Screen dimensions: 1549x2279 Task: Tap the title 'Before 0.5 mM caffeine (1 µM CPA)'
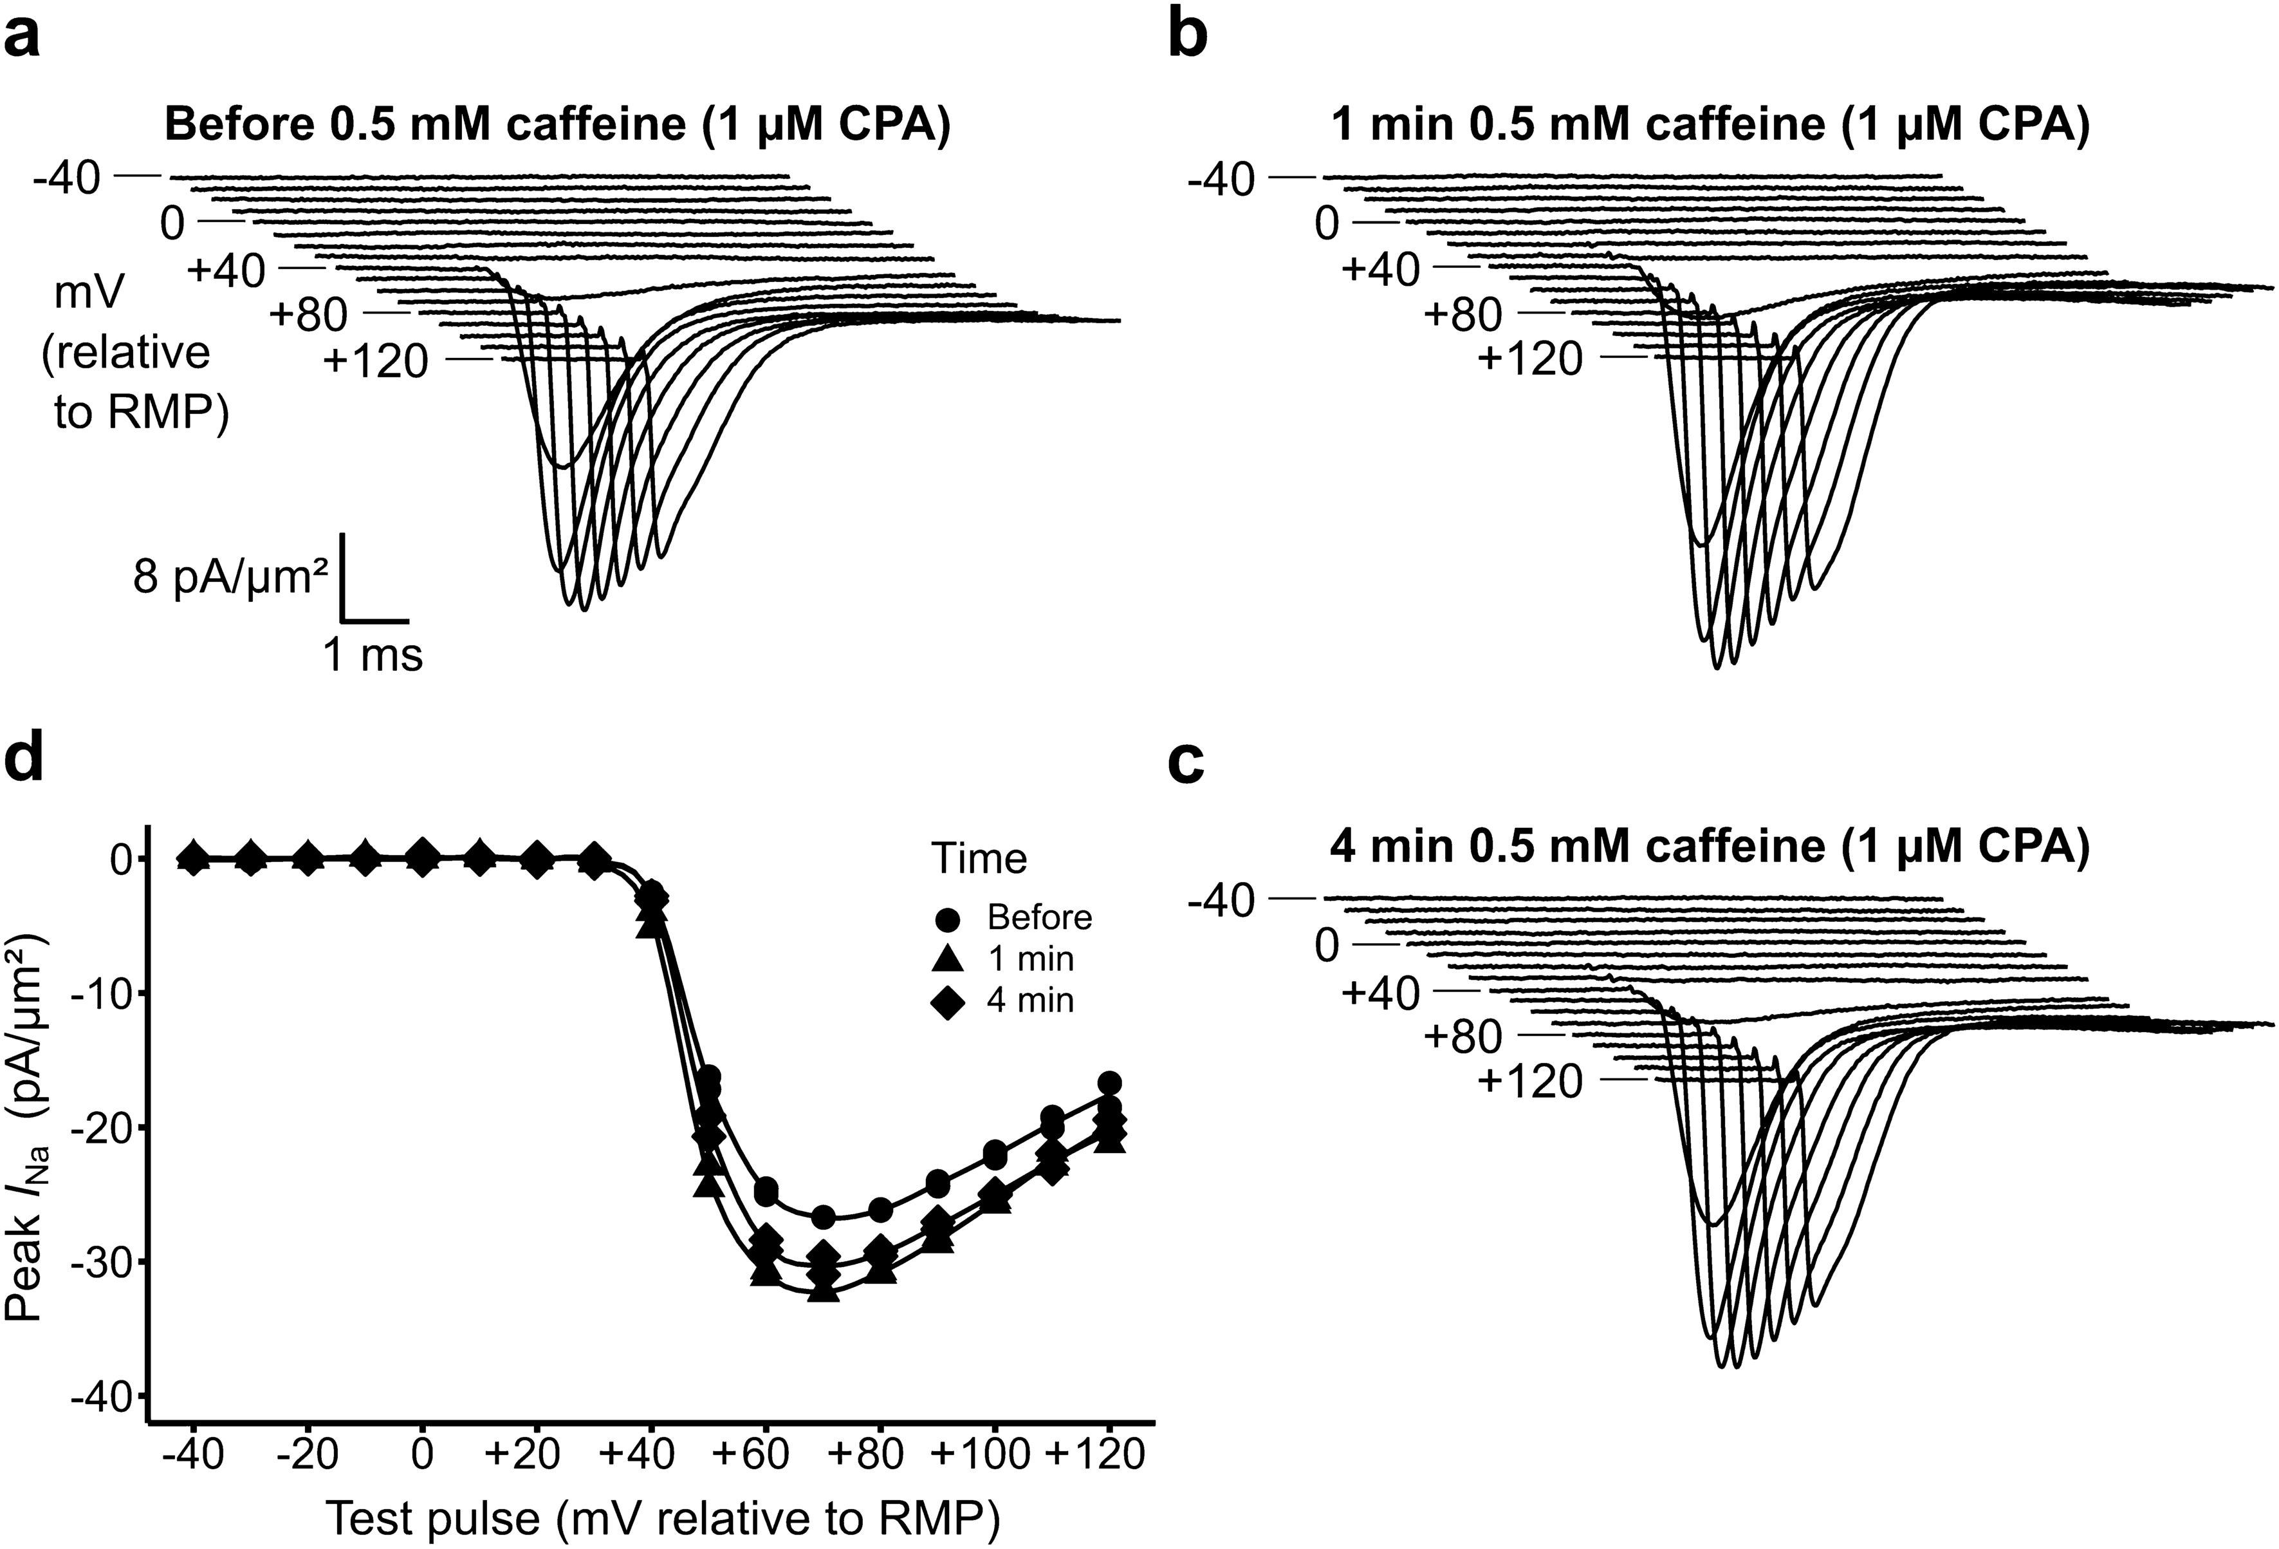(557, 126)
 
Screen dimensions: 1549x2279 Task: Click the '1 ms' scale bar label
(373, 654)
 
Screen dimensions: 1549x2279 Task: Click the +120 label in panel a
(376, 362)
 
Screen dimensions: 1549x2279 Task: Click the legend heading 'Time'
(979, 858)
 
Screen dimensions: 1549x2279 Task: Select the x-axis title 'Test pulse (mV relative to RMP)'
(662, 1519)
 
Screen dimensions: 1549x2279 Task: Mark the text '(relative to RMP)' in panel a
(133, 382)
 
